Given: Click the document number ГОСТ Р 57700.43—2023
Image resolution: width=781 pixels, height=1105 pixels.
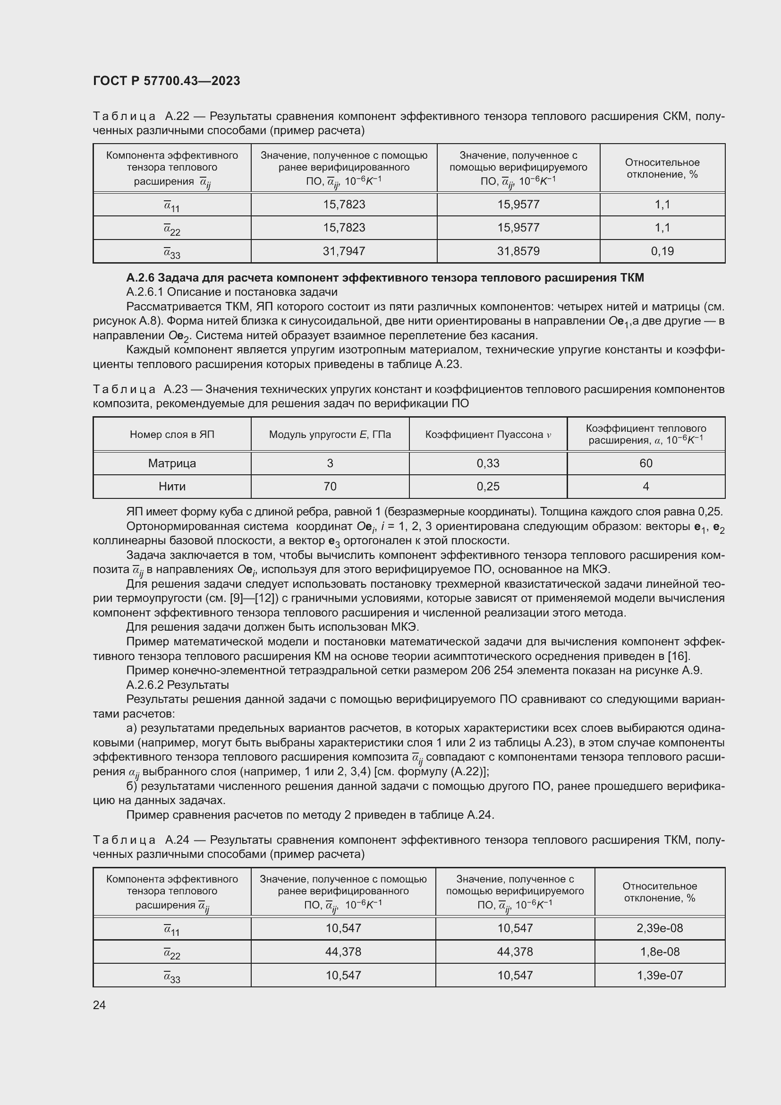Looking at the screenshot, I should (166, 81).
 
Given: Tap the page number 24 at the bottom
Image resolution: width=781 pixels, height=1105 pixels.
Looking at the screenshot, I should (99, 1005).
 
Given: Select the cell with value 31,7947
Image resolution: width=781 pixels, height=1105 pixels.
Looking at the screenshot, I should (344, 251).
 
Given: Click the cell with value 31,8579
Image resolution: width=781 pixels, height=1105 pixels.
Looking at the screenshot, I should (518, 251).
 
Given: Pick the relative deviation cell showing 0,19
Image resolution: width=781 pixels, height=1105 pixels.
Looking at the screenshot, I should (662, 251).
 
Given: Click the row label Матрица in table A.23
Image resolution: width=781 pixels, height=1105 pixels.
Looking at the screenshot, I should (172, 463).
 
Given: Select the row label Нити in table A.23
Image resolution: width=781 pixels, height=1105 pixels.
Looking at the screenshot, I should (172, 487).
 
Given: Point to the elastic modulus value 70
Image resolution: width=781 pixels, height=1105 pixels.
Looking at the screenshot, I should (330, 487).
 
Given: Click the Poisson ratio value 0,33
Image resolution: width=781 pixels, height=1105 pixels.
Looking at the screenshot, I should (488, 463).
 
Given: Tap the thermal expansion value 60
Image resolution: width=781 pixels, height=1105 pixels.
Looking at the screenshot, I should (646, 463).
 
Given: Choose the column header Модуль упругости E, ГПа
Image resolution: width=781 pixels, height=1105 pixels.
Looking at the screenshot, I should (330, 435).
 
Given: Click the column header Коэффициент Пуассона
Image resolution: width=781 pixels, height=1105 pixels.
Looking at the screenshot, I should (488, 435).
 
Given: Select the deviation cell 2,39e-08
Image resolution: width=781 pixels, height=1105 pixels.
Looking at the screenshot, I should (659, 928).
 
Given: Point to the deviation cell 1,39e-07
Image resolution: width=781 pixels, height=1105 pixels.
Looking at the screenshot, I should (659, 976).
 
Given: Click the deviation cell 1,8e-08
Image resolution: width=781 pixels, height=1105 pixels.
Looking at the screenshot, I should (659, 952).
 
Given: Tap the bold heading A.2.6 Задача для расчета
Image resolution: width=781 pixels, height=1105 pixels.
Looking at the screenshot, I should (385, 278).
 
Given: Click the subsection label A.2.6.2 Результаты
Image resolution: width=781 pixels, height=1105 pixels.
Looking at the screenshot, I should (178, 685).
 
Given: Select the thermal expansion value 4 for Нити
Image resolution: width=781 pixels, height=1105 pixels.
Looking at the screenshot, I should (646, 487).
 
